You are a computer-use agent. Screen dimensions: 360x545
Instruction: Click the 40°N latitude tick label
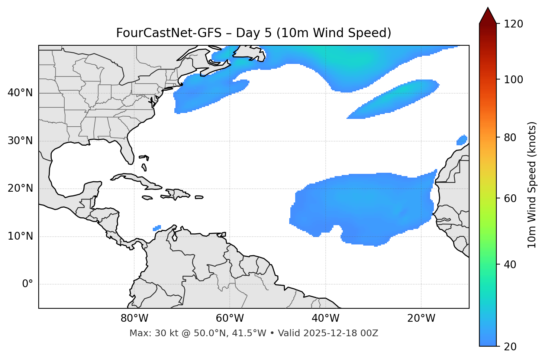pos(20,93)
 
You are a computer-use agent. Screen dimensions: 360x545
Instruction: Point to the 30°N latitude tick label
pos(20,141)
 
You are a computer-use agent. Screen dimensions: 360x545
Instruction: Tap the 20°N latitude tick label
pos(20,188)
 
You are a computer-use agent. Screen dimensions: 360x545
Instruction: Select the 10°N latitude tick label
pos(20,236)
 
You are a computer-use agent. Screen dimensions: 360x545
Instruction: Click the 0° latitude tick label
pos(27,284)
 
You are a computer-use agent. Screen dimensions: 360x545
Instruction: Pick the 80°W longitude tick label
pos(134,318)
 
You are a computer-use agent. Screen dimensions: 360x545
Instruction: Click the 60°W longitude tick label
pos(230,318)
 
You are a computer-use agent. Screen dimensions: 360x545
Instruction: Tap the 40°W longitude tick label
pos(325,318)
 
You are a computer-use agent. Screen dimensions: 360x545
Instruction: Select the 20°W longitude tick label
pos(421,318)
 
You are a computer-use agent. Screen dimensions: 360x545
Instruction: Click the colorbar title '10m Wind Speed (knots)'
pos(532,185)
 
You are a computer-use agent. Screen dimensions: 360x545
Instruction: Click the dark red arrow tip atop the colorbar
pos(488,15)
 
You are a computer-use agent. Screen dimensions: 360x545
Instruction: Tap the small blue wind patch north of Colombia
pos(157,228)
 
